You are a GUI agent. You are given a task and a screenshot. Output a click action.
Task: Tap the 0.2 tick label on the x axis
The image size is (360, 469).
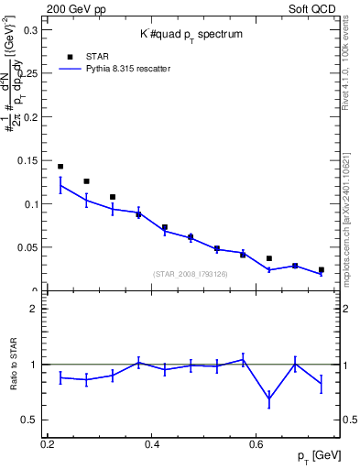[48, 443]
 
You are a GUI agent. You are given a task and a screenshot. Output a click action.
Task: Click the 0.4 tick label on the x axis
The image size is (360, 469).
[152, 443]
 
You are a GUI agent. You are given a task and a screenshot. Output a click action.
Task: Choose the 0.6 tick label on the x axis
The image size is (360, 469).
[256, 443]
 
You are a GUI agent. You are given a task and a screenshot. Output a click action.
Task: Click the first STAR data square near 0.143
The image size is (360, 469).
[60, 167]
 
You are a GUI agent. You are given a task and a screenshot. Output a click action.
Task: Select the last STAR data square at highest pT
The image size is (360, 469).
[321, 270]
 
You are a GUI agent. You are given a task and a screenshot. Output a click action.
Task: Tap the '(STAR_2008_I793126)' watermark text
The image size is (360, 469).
[190, 274]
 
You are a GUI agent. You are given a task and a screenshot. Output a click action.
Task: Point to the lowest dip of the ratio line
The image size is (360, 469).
[268, 399]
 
